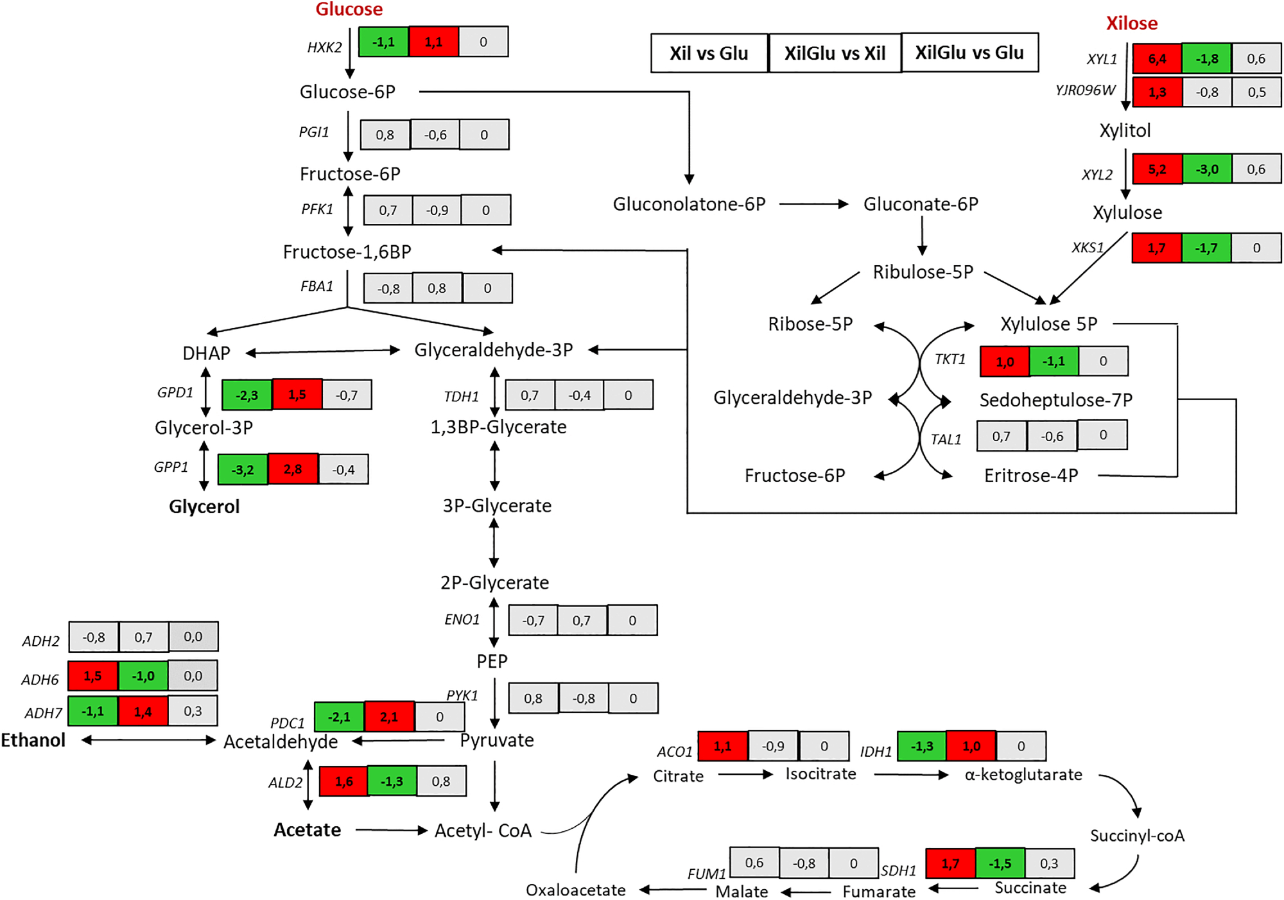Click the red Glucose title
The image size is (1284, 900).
click(x=349, y=10)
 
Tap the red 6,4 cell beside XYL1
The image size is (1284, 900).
click(x=1157, y=59)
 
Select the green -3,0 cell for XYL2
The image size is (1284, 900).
click(x=1206, y=169)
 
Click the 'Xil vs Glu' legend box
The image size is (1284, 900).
click(x=709, y=53)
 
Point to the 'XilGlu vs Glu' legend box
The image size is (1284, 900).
click(x=969, y=53)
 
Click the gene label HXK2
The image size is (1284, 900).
click(x=324, y=48)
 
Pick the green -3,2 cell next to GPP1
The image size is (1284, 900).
click(x=243, y=470)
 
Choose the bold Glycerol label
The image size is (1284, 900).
click(x=204, y=506)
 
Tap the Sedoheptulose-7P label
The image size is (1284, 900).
click(x=1055, y=400)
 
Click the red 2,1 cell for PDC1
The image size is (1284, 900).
click(x=389, y=717)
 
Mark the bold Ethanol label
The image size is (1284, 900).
click(x=33, y=740)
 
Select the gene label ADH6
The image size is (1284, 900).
click(x=40, y=679)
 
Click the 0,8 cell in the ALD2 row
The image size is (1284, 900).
click(x=441, y=781)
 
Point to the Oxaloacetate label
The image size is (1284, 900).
click(x=575, y=890)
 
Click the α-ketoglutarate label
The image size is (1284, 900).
click(x=1023, y=775)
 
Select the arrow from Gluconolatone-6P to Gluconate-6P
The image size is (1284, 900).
click(x=813, y=204)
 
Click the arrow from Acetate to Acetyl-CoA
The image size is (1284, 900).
click(x=391, y=830)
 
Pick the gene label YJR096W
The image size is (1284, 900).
click(x=1085, y=91)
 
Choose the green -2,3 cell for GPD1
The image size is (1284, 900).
click(x=247, y=395)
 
